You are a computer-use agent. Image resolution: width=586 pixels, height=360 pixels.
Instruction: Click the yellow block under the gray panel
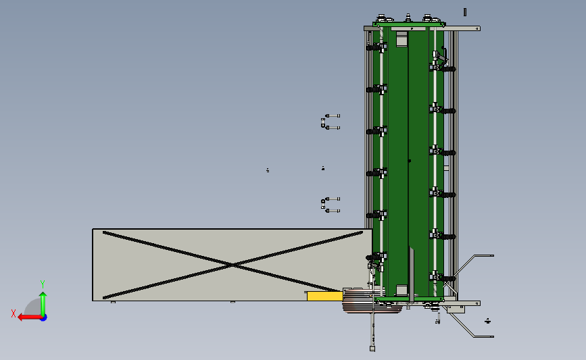click(x=324, y=296)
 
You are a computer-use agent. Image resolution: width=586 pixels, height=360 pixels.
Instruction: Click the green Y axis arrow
click(x=43, y=301)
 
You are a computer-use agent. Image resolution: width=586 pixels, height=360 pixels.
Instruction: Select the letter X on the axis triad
click(x=14, y=313)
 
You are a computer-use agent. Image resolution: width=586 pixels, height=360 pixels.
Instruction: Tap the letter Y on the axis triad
click(x=42, y=284)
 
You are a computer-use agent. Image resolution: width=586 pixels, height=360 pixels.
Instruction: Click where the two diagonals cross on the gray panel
click(x=233, y=265)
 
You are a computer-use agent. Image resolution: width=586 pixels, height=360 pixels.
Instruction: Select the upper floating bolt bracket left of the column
click(x=328, y=122)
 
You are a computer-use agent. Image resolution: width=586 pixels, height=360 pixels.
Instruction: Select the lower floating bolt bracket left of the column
click(x=328, y=205)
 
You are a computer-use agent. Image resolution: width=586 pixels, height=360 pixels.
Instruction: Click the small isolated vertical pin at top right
click(x=465, y=11)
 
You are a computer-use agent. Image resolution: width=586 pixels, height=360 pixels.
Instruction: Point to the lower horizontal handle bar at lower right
click(x=481, y=336)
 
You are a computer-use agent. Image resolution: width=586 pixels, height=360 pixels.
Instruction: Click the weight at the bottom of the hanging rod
click(x=372, y=349)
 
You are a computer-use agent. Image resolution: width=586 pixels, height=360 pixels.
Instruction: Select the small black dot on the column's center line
click(x=409, y=161)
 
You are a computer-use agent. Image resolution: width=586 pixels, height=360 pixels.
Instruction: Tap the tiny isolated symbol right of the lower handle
click(x=488, y=321)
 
